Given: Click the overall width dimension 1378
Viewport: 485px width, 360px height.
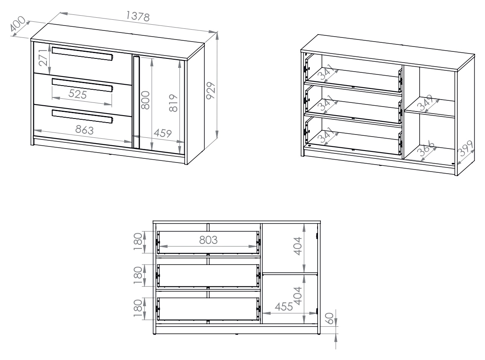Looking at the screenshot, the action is coord(138,16).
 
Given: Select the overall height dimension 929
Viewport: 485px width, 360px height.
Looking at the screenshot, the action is coord(211,91).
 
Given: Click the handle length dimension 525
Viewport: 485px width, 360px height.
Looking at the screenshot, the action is coord(77,94).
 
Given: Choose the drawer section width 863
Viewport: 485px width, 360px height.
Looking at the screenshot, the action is coord(84,130).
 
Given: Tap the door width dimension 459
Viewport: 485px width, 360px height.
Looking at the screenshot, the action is coord(163,133).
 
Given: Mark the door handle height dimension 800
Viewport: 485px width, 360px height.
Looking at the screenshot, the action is coord(145,100).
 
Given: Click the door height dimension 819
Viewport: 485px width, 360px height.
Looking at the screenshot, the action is coord(174,103).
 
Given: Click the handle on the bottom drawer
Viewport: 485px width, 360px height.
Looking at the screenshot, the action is coord(83,116).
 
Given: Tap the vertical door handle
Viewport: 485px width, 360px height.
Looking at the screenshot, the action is coord(136,102).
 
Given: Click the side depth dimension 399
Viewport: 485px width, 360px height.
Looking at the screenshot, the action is coord(466,149).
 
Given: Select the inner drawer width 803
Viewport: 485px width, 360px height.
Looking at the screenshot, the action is coord(208,240).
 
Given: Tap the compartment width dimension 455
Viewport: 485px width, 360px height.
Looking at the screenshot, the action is coord(284,307).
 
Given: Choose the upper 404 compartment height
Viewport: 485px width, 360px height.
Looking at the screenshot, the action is coord(297,246).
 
